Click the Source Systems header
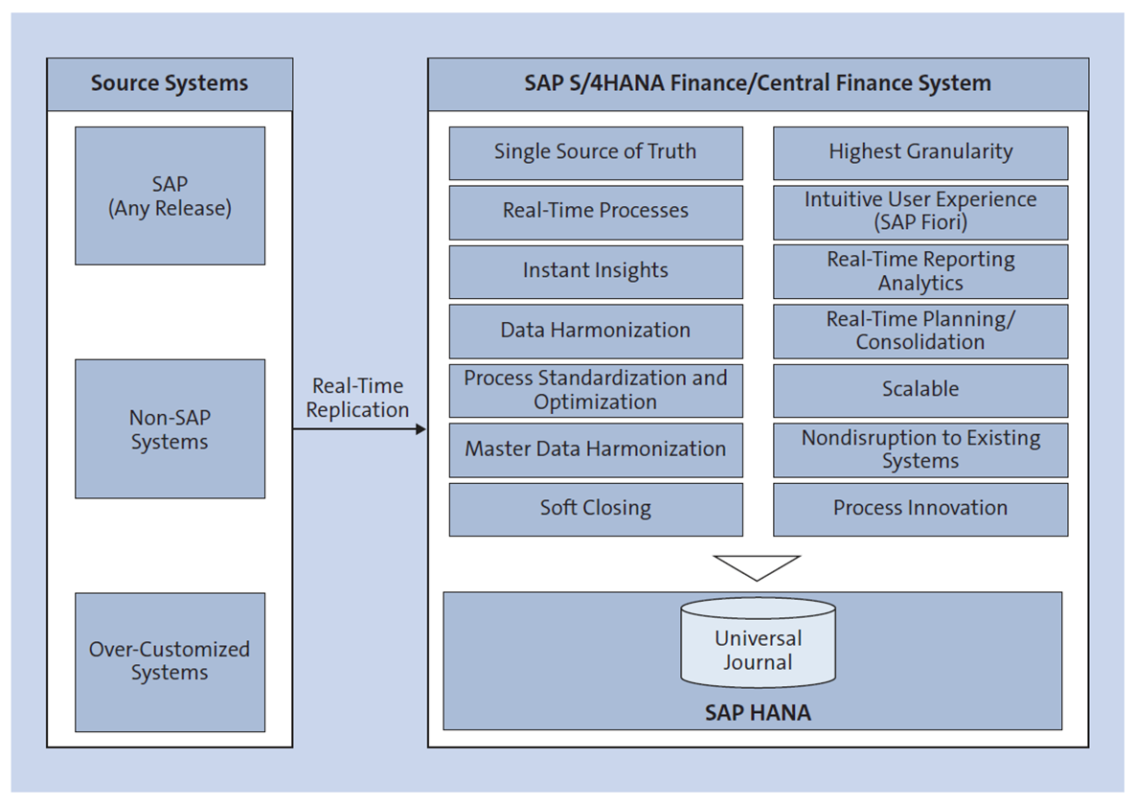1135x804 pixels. tap(170, 83)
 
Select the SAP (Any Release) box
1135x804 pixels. tap(170, 195)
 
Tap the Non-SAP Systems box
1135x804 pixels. tap(170, 429)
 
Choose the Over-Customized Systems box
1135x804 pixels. tap(170, 661)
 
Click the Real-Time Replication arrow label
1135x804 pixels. tap(358, 398)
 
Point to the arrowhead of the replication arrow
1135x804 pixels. tap(420, 429)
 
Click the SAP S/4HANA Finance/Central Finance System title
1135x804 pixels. tap(757, 83)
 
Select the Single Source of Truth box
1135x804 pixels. tap(595, 152)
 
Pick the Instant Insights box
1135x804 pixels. tap(595, 271)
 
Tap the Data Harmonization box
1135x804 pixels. tap(595, 331)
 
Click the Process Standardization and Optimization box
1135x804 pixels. tap(595, 390)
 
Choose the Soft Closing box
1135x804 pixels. tap(595, 509)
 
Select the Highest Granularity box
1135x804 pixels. tap(919, 152)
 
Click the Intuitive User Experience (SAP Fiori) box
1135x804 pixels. tap(919, 212)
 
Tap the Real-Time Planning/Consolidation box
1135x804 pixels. tap(919, 331)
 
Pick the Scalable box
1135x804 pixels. tap(919, 390)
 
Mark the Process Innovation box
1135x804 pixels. tap(919, 509)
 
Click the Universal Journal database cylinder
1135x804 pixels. tap(758, 644)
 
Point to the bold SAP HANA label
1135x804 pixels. tap(758, 713)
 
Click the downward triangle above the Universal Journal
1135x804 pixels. tap(757, 565)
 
